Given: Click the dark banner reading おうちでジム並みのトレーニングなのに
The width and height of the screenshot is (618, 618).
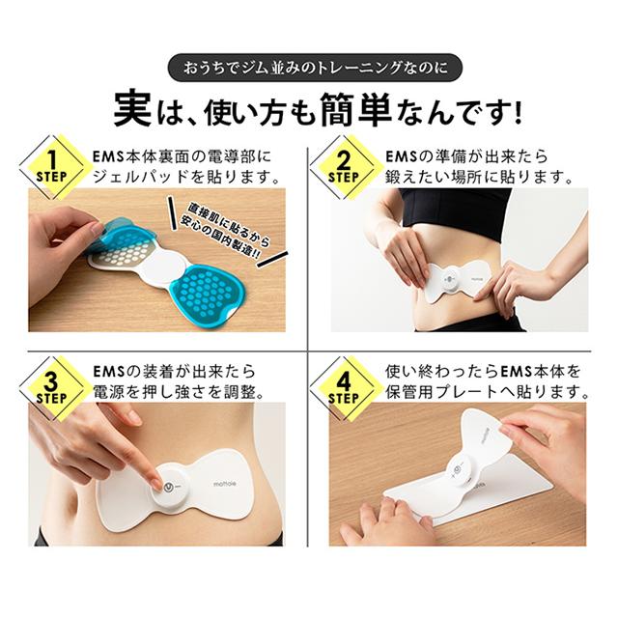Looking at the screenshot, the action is click(x=315, y=68).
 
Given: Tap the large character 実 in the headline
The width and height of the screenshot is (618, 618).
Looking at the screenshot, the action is click(x=133, y=110).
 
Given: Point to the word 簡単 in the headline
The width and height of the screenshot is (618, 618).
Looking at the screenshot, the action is click(x=356, y=109).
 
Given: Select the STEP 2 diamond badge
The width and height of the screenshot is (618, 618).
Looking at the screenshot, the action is click(x=344, y=167).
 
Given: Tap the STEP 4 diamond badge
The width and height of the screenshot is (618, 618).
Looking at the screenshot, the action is click(x=344, y=388).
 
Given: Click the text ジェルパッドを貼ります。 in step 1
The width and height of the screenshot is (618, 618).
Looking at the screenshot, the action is click(x=186, y=177).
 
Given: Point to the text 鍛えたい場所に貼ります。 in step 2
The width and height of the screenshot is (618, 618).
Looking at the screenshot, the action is click(x=479, y=177).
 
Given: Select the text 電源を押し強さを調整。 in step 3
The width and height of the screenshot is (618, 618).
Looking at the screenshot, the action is click(x=179, y=392).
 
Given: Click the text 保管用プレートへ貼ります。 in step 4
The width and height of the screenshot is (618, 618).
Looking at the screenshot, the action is click(x=487, y=392).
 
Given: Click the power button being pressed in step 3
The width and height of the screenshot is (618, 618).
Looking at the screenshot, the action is click(x=169, y=487).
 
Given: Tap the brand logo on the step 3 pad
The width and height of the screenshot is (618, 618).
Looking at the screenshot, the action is click(x=225, y=484).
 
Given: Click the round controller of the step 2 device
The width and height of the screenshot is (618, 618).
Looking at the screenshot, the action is click(x=451, y=279).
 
